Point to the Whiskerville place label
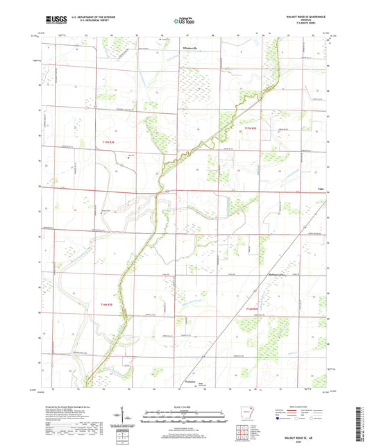tap(190, 48)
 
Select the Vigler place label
tap(321, 187)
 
